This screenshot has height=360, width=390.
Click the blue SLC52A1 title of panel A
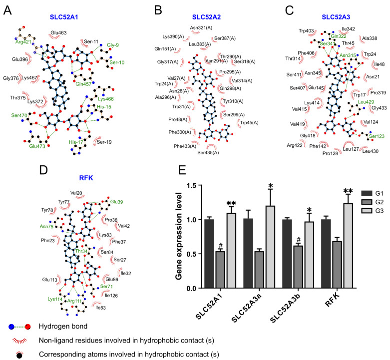coord(64,17)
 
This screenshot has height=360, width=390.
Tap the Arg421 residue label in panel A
coord(23,42)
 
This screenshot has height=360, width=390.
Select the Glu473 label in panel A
coord(37,146)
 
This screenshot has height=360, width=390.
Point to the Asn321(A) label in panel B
coord(201,28)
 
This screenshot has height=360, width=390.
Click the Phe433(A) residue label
coord(185,146)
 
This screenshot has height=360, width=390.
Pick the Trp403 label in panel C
coord(306,31)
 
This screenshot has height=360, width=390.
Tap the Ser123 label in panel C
coord(377,136)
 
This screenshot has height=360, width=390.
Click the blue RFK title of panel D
coord(86,178)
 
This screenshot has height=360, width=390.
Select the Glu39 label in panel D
coord(117,202)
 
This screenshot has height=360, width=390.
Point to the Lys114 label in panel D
coord(55,299)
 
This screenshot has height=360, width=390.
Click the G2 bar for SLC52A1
coord(220,270)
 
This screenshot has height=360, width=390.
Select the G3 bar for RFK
coord(348,246)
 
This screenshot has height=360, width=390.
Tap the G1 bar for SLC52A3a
coord(248,253)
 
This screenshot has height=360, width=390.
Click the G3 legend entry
coord(373,211)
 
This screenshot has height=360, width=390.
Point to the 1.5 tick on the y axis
coord(192,185)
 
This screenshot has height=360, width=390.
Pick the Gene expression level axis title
coord(179,236)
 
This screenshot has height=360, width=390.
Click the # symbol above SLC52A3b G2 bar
coord(299,240)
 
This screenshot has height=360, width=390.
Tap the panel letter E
coord(182,170)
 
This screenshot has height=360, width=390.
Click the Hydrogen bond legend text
coord(63,326)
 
